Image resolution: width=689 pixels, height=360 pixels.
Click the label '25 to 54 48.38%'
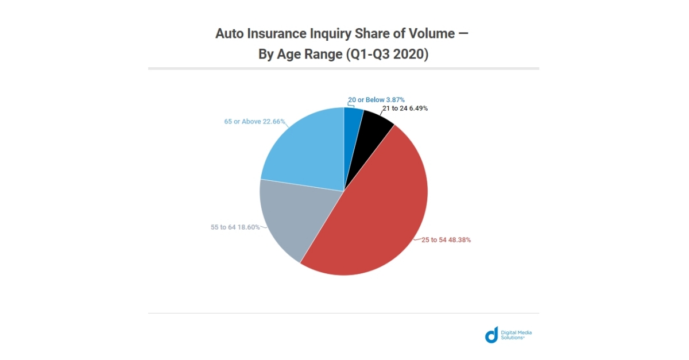[446, 240]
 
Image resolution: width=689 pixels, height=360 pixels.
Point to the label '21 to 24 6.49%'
[405, 108]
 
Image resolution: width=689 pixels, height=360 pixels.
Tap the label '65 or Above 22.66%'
[254, 122]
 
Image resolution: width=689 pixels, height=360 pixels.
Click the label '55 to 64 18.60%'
[236, 227]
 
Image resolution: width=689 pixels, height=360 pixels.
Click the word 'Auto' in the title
[229, 33]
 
